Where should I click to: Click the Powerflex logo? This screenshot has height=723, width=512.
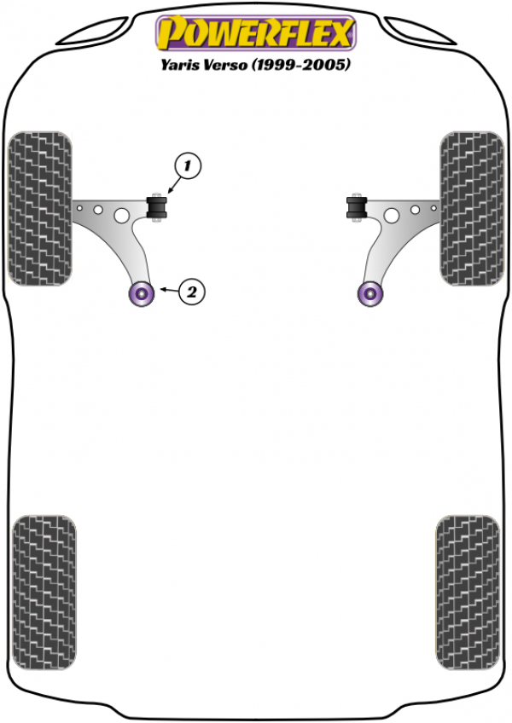256,32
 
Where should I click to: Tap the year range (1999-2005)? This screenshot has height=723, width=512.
300,65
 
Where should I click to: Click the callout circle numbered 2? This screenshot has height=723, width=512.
191,292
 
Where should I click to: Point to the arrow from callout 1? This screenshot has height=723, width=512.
173,187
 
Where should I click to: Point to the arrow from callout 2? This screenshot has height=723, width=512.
169,290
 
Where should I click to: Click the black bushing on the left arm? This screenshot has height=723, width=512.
156,207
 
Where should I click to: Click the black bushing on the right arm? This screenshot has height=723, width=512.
357,207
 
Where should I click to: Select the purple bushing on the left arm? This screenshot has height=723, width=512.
142,293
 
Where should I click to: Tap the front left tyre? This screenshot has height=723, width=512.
40,208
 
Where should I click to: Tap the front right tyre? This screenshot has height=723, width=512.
472,208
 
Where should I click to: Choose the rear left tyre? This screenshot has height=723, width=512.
44,593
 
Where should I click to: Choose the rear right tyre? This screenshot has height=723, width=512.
468,593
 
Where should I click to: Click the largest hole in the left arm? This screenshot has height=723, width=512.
121,216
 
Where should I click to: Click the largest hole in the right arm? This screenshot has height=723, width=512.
392,216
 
